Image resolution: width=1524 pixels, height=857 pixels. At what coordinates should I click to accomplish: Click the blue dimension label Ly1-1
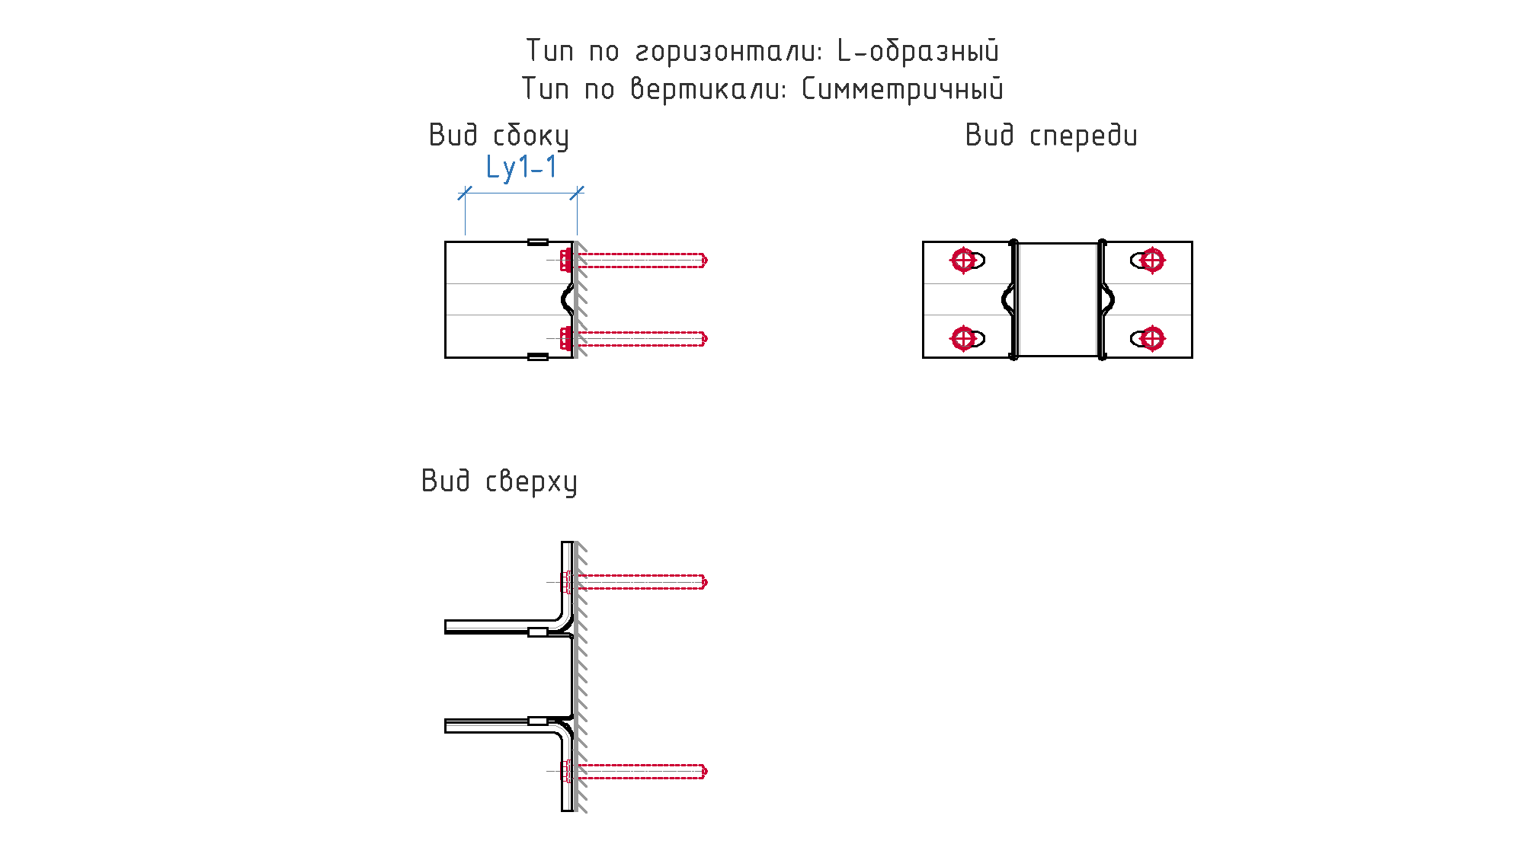pyautogui.click(x=521, y=168)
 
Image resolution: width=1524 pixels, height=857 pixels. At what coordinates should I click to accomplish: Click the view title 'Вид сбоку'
pyautogui.click(x=498, y=136)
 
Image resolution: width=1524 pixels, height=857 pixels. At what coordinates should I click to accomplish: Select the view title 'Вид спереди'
pyautogui.click(x=1051, y=136)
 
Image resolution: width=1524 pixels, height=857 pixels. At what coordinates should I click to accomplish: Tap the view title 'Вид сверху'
pyautogui.click(x=499, y=481)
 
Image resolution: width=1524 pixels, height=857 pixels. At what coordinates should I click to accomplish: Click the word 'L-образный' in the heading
pyautogui.click(x=917, y=51)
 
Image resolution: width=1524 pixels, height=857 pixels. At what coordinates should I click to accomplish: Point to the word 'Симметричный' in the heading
pyautogui.click(x=903, y=89)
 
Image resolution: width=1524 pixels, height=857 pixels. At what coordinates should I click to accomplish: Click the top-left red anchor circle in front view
pyautogui.click(x=963, y=261)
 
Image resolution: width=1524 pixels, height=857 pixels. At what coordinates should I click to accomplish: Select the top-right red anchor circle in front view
pyautogui.click(x=1152, y=261)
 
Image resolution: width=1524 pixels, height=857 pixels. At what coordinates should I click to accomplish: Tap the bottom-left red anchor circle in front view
pyautogui.click(x=963, y=337)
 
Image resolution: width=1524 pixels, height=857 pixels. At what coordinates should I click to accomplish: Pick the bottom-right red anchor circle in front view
pyautogui.click(x=1152, y=337)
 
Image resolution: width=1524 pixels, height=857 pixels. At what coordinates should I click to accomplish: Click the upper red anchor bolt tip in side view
pyautogui.click(x=705, y=261)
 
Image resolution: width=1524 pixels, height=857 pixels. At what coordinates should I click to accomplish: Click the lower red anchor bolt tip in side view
pyautogui.click(x=705, y=337)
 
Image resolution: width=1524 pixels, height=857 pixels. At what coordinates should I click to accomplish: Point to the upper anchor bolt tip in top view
pyautogui.click(x=705, y=582)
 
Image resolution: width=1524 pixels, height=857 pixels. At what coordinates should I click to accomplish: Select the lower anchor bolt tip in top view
pyautogui.click(x=705, y=771)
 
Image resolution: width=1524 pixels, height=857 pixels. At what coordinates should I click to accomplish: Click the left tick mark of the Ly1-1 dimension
pyautogui.click(x=465, y=193)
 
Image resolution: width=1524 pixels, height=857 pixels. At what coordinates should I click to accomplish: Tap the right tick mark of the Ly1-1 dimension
pyautogui.click(x=577, y=193)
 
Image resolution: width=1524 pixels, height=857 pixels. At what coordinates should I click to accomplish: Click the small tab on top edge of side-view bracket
pyautogui.click(x=538, y=242)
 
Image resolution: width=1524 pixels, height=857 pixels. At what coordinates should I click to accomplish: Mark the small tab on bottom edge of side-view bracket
pyautogui.click(x=538, y=357)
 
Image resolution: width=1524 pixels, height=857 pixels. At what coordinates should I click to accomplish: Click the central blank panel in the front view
pyautogui.click(x=1058, y=299)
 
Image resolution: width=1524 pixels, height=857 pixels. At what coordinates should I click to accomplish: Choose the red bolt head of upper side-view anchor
pyautogui.click(x=565, y=261)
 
